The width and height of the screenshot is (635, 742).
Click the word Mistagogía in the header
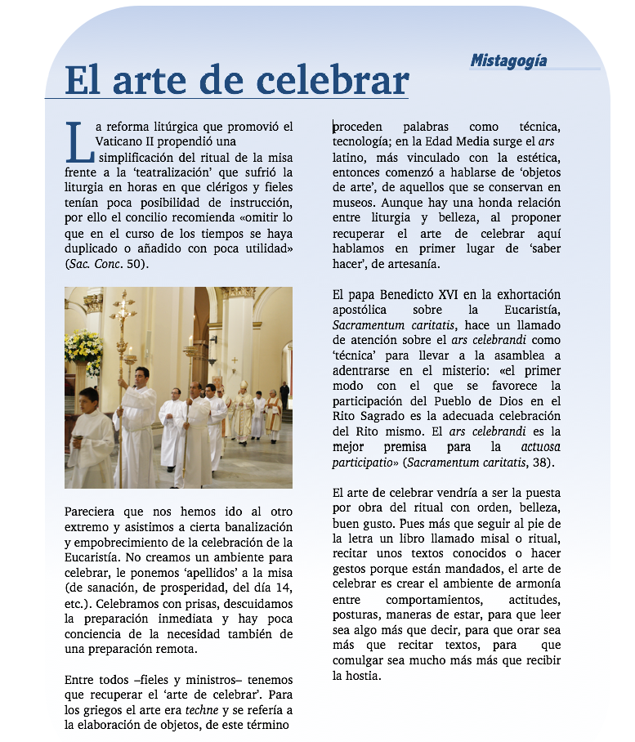[508, 60]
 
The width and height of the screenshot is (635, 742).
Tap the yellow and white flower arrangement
[83, 347]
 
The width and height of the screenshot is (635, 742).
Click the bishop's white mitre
[243, 384]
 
